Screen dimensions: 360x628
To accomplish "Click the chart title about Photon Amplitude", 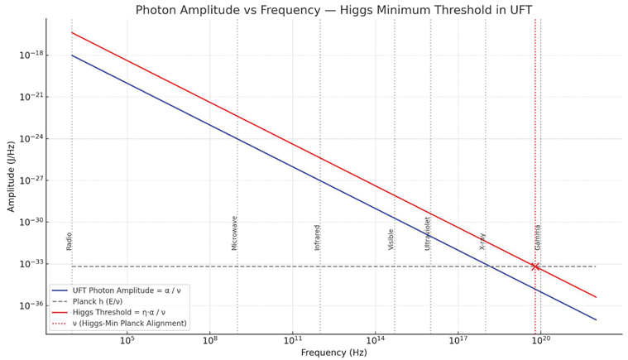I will coord(334,10).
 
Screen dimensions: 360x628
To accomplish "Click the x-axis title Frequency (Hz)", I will coord(333,353).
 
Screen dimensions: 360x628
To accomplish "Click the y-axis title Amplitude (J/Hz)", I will coord(11,175).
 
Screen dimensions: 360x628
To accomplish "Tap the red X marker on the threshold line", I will coord(535,266).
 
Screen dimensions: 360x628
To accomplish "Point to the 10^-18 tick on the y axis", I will coord(31,55).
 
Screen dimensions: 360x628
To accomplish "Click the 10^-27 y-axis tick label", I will coord(31,180).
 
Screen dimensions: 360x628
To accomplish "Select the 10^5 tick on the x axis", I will coord(127,340).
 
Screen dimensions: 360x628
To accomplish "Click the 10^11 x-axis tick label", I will coord(292,340).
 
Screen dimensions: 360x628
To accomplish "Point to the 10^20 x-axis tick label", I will coord(540,340).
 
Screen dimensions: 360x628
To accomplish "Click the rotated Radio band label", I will coord(70,241).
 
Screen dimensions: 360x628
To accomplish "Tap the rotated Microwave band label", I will coord(234,233).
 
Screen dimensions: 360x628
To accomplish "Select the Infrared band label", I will coord(317,238).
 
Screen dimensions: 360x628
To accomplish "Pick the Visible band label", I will coord(391,239).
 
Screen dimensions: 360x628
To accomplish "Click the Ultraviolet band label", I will coord(428,233).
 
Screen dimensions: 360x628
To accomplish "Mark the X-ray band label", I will coord(482,241).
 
